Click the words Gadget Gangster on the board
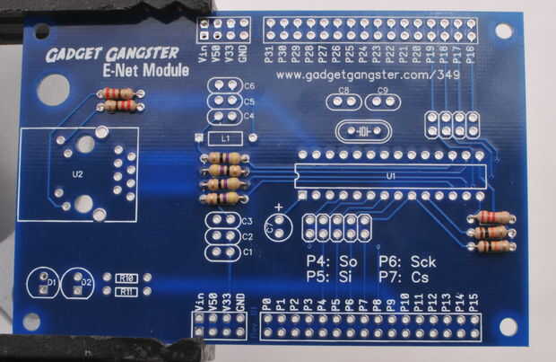tap(112, 54)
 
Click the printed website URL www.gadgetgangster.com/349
tap(369, 75)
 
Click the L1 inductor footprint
tap(226, 139)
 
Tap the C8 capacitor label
tap(343, 91)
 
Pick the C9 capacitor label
tap(383, 91)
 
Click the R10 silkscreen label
tap(127, 278)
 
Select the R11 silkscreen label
tap(127, 291)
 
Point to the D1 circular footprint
tap(43, 283)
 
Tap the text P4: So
tap(331, 261)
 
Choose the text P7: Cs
tap(401, 278)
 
